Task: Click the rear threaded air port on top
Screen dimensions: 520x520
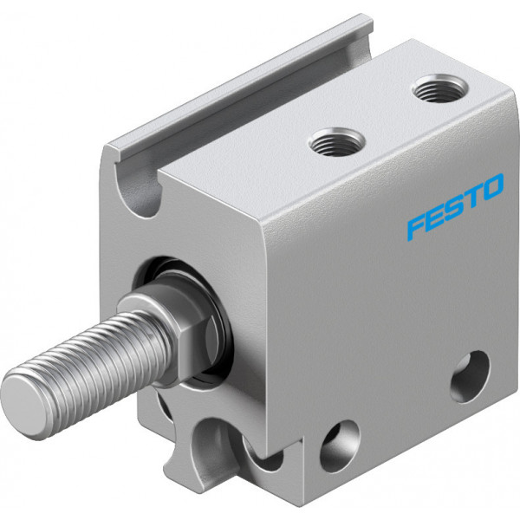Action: (439, 88)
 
